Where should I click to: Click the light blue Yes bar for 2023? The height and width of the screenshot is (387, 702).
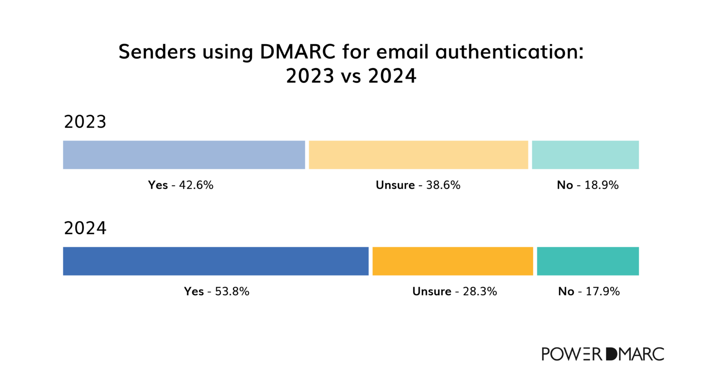click(x=184, y=155)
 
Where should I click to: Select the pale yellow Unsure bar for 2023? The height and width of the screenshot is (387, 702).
click(x=418, y=155)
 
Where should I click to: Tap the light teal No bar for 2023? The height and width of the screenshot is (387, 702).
click(x=585, y=155)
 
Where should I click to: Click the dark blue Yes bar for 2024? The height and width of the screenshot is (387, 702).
click(x=216, y=261)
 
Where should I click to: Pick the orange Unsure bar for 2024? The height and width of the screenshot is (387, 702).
click(x=453, y=261)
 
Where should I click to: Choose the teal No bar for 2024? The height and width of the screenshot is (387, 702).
click(x=587, y=261)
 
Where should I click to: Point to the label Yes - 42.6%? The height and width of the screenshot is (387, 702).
click(x=181, y=185)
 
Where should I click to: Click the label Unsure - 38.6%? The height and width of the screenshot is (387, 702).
click(x=418, y=185)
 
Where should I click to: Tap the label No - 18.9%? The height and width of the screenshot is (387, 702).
click(x=587, y=185)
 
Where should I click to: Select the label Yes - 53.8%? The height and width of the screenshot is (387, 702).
click(x=216, y=291)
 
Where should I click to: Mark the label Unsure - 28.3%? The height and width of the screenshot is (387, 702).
click(x=454, y=291)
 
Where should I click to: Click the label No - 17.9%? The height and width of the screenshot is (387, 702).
click(x=589, y=291)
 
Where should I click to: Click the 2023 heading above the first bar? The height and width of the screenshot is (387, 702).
click(x=85, y=122)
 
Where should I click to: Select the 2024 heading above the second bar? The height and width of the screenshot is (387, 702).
click(x=85, y=228)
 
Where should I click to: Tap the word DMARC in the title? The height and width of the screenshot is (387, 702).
click(x=298, y=52)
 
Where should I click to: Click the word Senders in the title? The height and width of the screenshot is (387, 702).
click(x=157, y=52)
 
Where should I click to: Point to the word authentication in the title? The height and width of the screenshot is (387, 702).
click(x=509, y=52)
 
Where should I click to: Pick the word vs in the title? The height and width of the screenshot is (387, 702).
click(x=351, y=76)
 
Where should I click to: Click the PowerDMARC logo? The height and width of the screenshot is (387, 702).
click(x=603, y=354)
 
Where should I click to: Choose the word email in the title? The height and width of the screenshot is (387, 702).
click(x=402, y=52)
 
